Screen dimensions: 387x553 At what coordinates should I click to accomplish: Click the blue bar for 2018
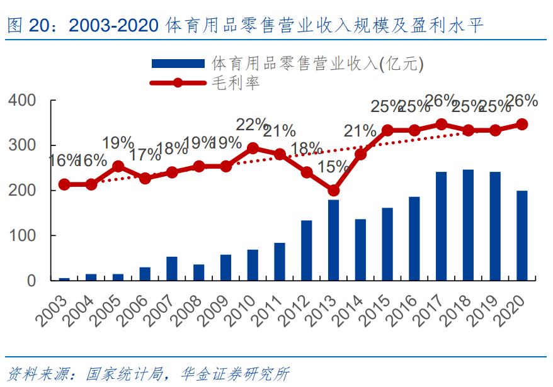pyautogui.click(x=468, y=225)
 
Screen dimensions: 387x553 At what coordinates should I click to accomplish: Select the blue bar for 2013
pyautogui.click(x=334, y=240)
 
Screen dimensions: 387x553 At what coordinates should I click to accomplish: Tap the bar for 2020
pyautogui.click(x=522, y=235)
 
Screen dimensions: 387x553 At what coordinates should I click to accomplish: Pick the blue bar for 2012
pyautogui.click(x=307, y=250)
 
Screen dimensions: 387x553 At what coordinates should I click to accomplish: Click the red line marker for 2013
pyautogui.click(x=334, y=191)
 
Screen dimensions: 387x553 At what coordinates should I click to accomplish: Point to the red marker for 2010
pyautogui.click(x=253, y=149)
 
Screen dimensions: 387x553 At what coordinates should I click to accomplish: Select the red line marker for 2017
pyautogui.click(x=442, y=125)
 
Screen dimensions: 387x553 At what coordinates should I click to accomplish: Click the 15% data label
pyautogui.click(x=334, y=167)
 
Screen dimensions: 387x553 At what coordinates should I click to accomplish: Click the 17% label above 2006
pyautogui.click(x=145, y=154)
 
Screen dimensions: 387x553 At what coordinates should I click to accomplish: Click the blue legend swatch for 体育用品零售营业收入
pyautogui.click(x=178, y=64)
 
